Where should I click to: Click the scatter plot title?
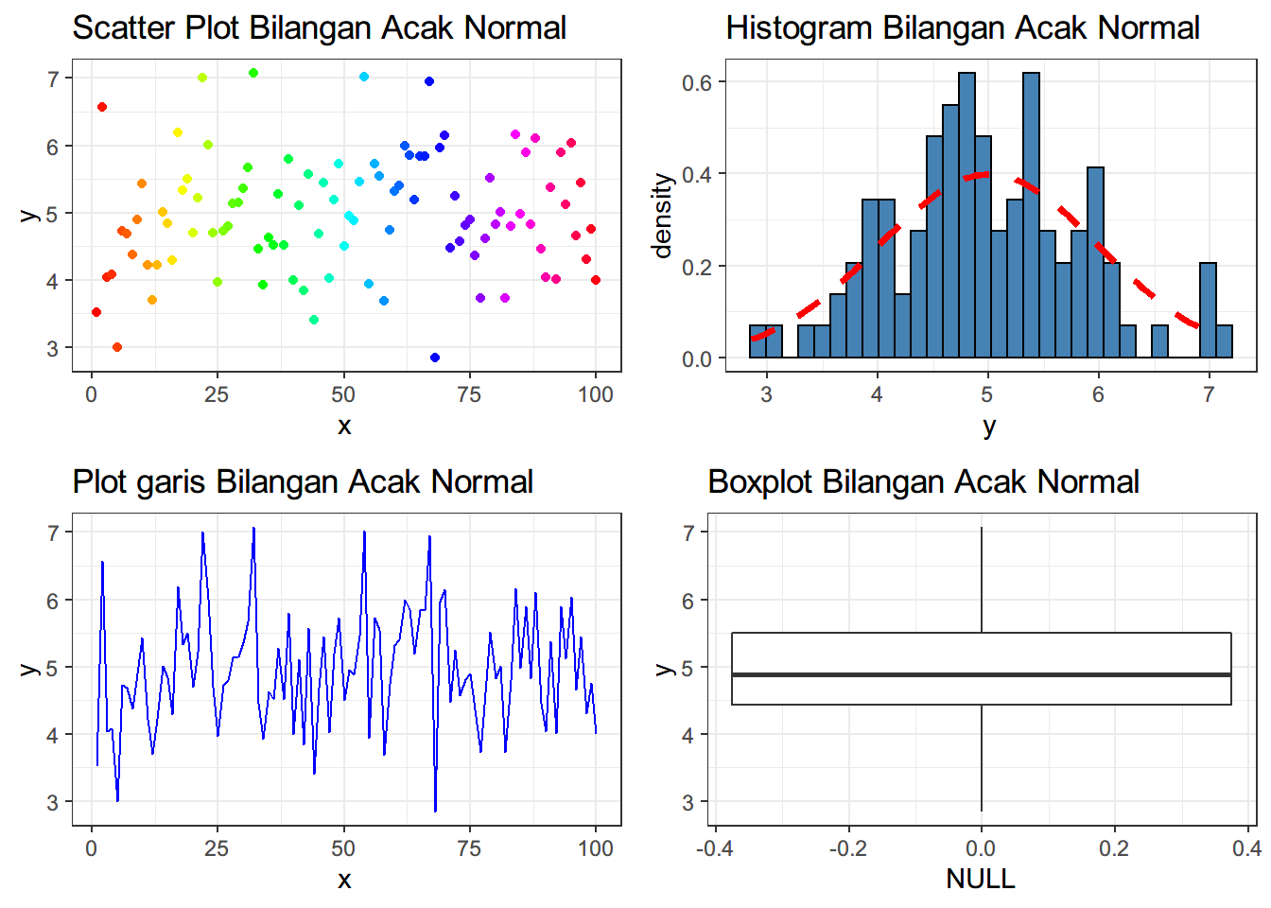[319, 28]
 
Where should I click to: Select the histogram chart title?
[962, 28]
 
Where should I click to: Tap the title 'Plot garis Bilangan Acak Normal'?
[303, 482]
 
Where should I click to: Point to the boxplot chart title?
[923, 482]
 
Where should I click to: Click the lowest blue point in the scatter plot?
[435, 358]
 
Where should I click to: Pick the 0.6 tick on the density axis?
[697, 82]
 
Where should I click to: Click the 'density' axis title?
[663, 216]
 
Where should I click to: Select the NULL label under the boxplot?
[981, 880]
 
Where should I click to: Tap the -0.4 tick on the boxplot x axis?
[714, 848]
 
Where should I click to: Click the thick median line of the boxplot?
[981, 674]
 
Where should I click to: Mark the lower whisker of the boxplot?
[982, 757]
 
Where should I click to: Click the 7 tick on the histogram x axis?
[1209, 394]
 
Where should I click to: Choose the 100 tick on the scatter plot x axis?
[596, 394]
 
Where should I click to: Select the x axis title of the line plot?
[344, 881]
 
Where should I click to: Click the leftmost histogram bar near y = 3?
[757, 341]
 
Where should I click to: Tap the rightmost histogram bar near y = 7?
[1224, 341]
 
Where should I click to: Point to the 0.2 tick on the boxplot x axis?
[1114, 848]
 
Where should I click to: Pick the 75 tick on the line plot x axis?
[469, 848]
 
